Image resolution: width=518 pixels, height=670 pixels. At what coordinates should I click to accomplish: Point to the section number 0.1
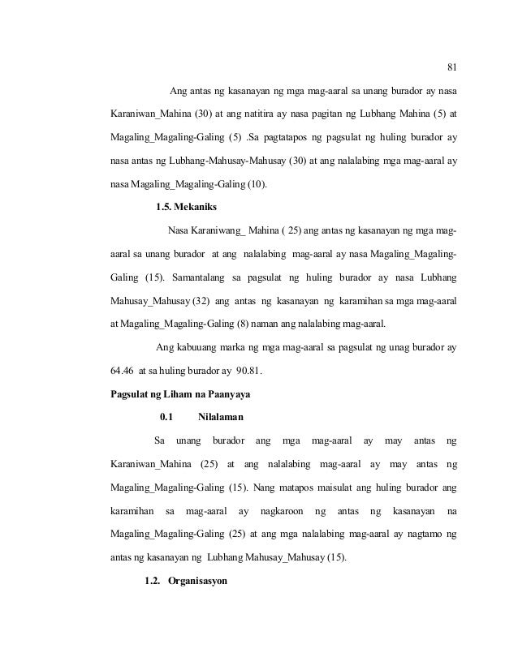pos(167,418)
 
